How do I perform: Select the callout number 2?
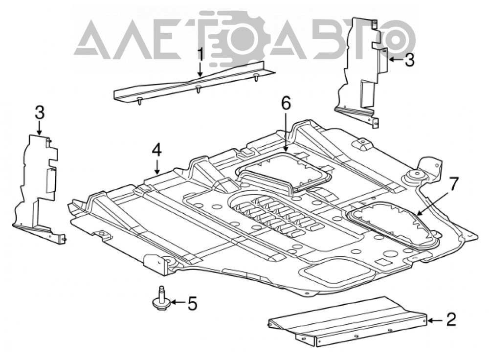[x=451, y=319]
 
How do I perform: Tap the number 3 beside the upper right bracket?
[x=409, y=60]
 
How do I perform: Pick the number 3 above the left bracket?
[x=40, y=113]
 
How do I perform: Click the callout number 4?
[x=157, y=151]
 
